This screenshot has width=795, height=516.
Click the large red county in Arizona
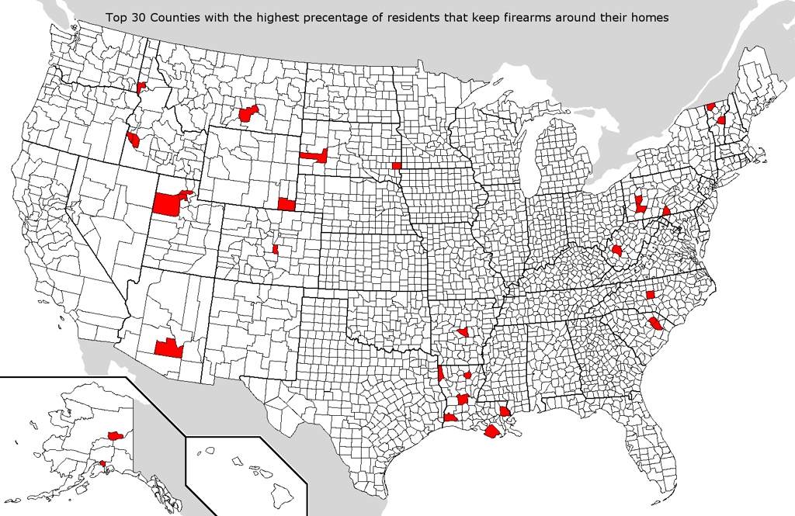168,348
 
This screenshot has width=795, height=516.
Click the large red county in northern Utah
168,204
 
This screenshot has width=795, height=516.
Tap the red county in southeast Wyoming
286,204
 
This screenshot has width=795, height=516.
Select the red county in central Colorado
276,249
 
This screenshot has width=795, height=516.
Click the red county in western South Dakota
314,155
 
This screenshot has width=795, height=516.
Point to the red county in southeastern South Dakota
397,165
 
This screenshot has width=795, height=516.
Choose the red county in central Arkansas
463,332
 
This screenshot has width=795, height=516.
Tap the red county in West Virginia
617,251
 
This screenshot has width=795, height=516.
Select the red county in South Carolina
655,324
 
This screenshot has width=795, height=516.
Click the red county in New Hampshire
722,120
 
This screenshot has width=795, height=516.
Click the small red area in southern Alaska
103,464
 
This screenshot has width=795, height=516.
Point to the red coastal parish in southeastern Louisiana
493,432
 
